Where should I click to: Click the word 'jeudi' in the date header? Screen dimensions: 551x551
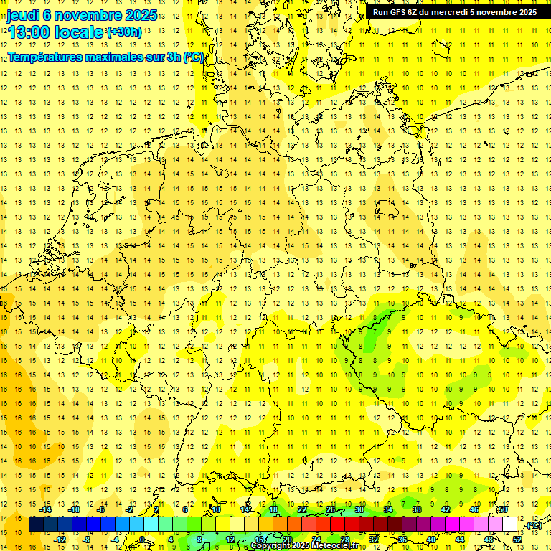coord(22,15)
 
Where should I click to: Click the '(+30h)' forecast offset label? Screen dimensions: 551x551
coord(124,32)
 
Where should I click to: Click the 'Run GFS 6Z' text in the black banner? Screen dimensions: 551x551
coord(396,12)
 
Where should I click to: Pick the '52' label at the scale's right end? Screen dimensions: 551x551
coord(517,540)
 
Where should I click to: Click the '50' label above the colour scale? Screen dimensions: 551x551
coord(503,509)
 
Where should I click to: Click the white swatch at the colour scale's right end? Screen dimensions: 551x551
coord(510,524)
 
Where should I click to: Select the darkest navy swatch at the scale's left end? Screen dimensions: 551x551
coord(36,524)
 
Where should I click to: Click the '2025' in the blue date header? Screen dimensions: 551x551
coord(141,15)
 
